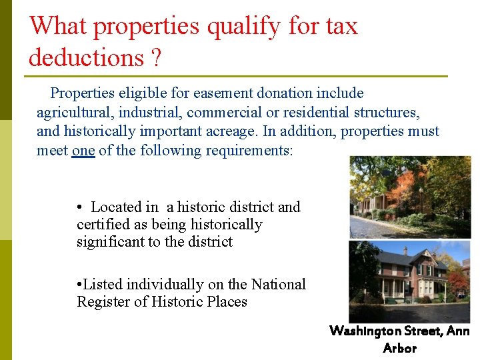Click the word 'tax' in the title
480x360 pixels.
(x=342, y=26)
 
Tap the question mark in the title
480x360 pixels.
(x=155, y=58)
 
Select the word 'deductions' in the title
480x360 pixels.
(x=85, y=57)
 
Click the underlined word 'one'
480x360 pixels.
(x=83, y=151)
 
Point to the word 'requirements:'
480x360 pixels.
(x=249, y=151)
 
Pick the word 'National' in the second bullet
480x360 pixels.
(x=278, y=285)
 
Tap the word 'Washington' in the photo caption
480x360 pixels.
(x=364, y=331)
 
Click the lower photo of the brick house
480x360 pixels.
(x=409, y=281)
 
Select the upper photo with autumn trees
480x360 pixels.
(x=409, y=197)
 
